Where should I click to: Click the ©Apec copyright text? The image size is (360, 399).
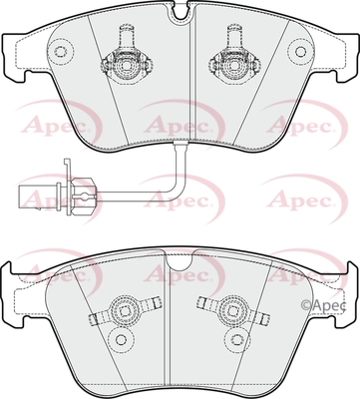coord(323,305)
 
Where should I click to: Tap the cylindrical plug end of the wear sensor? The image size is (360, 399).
coord(38,196)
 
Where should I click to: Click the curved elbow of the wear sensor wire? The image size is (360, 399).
coord(177,187)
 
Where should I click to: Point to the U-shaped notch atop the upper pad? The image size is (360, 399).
coord(180,10)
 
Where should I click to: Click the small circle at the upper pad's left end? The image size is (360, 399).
coord(60,51)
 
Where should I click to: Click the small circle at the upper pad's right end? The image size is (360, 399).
coord(300,51)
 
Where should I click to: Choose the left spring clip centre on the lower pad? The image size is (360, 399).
coord(125,310)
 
